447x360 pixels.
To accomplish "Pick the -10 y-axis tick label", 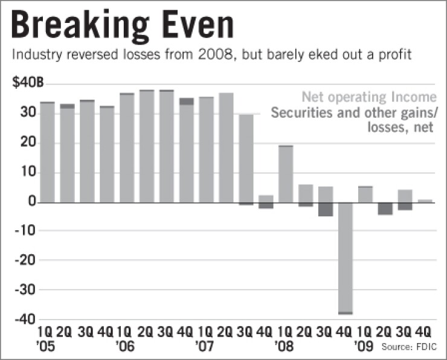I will pos(27,231).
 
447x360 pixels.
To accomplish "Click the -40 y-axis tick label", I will pos(27,320).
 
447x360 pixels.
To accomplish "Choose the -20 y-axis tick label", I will pos(27,261).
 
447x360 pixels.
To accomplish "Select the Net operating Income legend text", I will pos(369,97).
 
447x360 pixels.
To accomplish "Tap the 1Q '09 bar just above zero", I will pos(365,194).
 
